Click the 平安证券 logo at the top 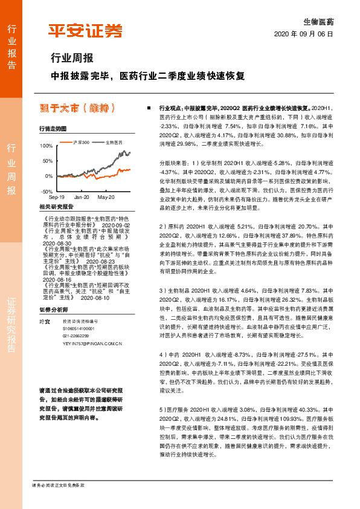point(85,30)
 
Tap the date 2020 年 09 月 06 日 point(304,34)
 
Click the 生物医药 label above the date point(318,21)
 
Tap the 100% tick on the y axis point(46,146)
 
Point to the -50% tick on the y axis point(47,190)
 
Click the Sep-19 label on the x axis point(56,197)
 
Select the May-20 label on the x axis point(106,197)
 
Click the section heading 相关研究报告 point(56,207)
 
